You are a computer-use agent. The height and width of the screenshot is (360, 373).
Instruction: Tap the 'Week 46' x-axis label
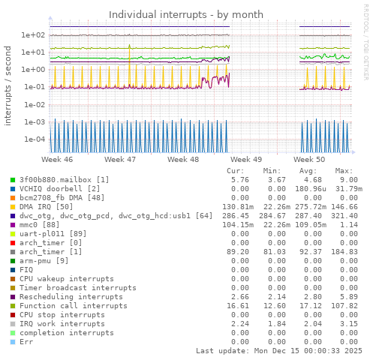[57, 160]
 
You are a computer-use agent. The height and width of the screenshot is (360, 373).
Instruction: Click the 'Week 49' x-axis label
[246, 160]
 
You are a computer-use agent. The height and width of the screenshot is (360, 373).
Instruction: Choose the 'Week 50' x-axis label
[309, 160]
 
